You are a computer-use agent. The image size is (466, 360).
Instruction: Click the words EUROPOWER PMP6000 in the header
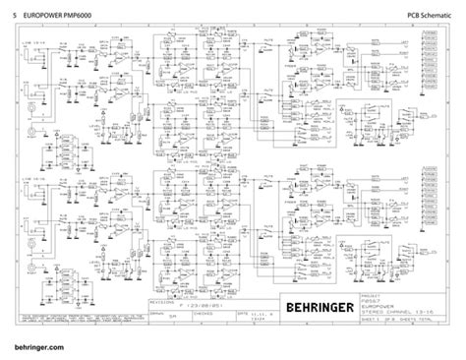[x=63, y=12]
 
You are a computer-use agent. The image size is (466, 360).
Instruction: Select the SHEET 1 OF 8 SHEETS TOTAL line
[x=425, y=321]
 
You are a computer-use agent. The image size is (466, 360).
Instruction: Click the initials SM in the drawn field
[x=173, y=317]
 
